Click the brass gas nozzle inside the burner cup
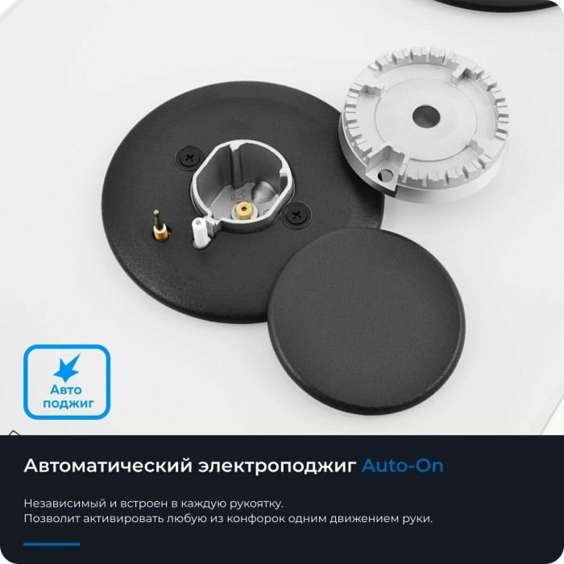coord(243,210)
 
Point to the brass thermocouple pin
coord(160,227)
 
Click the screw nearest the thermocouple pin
coord(190,157)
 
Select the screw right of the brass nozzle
coord(297,215)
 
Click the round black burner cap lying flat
coord(366,321)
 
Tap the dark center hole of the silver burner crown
coord(426,117)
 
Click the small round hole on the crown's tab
coord(386,175)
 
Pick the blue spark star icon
coord(67,367)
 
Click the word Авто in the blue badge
coord(66,389)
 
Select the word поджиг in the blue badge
coord(68,404)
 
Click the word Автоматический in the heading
coord(108,466)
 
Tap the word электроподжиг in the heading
coord(277,467)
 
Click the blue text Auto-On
coord(402,466)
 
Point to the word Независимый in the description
coord(65,504)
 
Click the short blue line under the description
coord(52,544)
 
